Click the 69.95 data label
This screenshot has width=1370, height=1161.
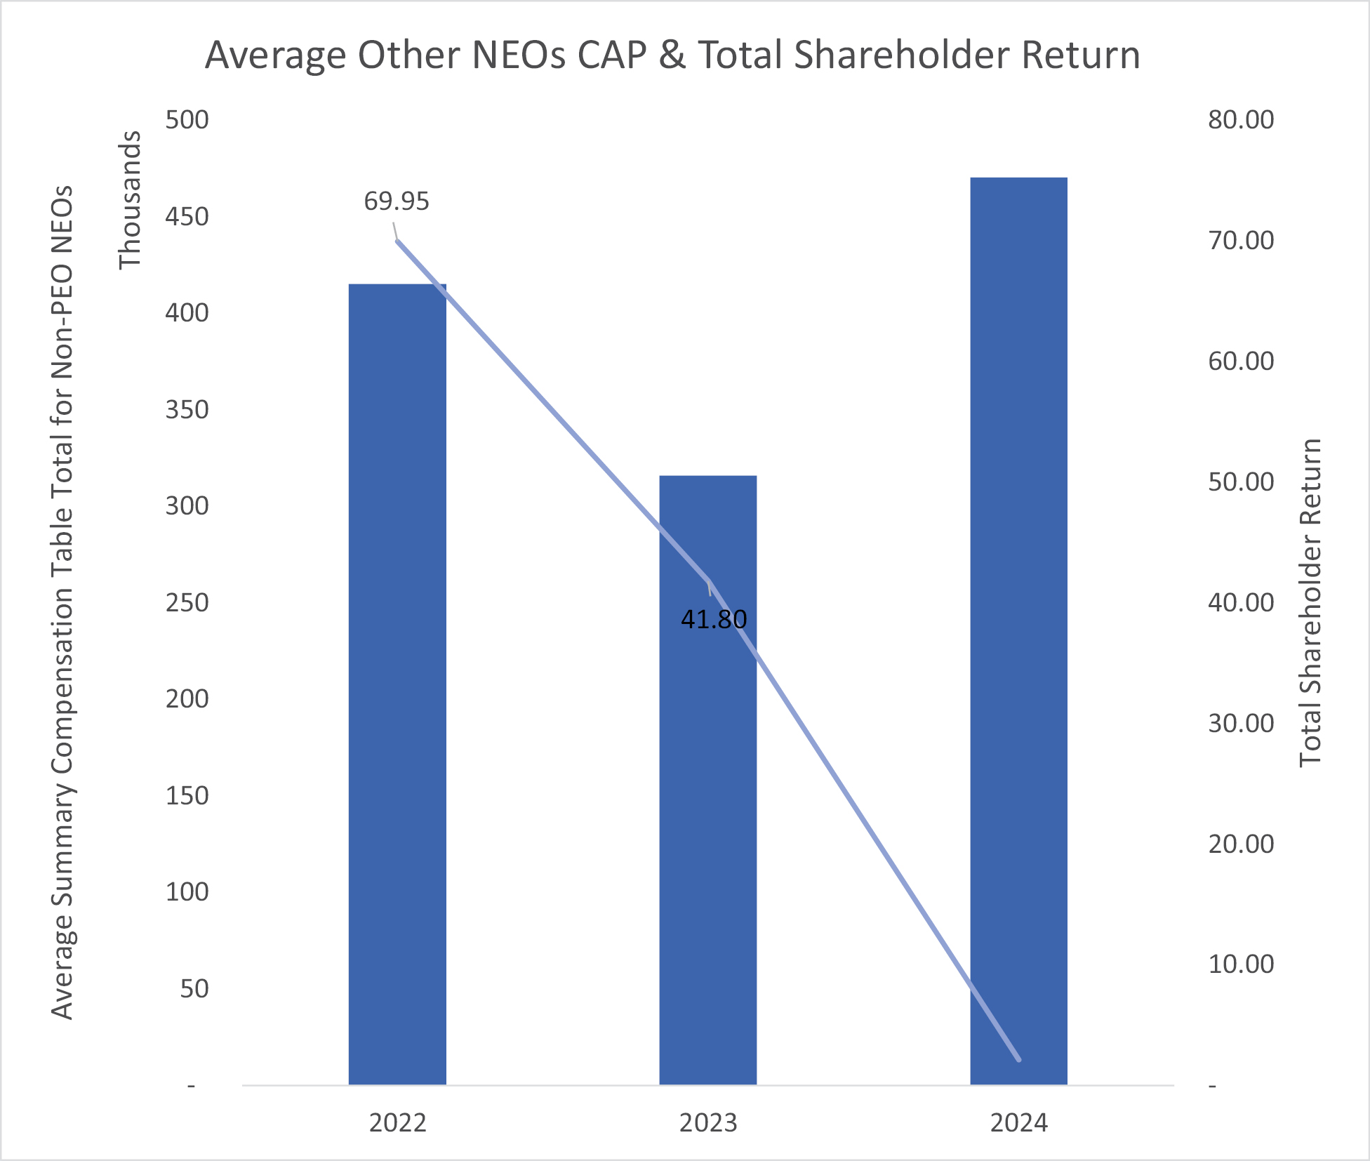[x=396, y=201]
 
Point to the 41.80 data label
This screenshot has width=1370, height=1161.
[x=714, y=619]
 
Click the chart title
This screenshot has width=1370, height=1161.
[x=672, y=55]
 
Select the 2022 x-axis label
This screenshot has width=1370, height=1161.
[x=398, y=1123]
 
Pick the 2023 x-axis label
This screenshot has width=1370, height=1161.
[x=708, y=1123]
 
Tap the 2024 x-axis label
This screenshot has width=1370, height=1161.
[x=1018, y=1123]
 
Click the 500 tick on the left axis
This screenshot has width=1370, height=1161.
[x=187, y=120]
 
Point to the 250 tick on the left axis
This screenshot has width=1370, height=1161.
[x=187, y=602]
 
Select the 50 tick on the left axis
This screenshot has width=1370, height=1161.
[x=194, y=988]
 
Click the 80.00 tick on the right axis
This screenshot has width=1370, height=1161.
[x=1241, y=120]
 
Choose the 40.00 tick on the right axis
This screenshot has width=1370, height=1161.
[x=1241, y=602]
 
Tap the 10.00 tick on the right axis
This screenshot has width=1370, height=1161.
[x=1241, y=964]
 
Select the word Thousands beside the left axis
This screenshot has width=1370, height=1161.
[x=130, y=200]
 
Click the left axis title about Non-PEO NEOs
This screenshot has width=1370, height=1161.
[x=62, y=602]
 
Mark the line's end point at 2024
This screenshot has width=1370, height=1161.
[x=1018, y=1059]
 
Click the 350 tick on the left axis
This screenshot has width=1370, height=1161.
[x=187, y=409]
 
